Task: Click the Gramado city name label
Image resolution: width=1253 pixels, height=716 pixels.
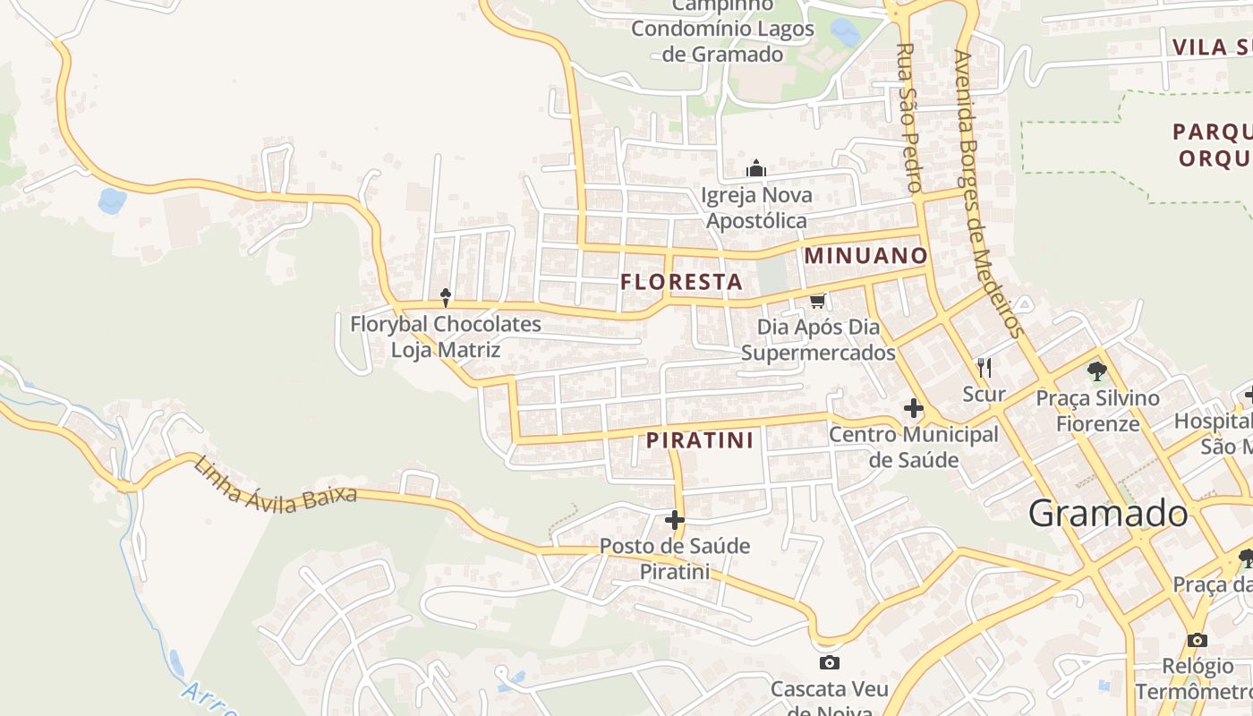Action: point(1108,514)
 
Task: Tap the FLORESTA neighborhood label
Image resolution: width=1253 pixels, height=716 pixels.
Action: point(681,282)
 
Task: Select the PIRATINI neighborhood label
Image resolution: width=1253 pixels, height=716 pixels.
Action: point(699,440)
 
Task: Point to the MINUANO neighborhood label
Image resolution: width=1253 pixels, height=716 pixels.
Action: point(865,256)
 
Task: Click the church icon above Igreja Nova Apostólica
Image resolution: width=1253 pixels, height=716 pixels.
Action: point(756,168)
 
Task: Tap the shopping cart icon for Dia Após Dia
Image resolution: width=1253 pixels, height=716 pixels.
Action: point(817,300)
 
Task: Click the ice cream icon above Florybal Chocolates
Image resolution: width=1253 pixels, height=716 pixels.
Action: point(445,297)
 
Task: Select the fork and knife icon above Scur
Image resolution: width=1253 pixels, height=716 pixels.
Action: point(984,367)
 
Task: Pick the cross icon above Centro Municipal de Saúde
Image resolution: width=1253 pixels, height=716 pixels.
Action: point(913,409)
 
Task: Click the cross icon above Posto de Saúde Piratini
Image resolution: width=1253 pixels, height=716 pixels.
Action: point(675,520)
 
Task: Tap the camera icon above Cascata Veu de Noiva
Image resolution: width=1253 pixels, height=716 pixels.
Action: point(830,663)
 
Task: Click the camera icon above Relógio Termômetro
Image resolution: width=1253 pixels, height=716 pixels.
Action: point(1197,640)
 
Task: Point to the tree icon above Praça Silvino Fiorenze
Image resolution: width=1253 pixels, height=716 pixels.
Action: point(1096,371)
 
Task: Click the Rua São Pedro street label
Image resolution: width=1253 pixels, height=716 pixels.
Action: point(909,117)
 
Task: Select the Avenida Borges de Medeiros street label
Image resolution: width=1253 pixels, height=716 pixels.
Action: point(987,193)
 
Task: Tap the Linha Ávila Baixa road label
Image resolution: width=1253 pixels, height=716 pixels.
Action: point(275,482)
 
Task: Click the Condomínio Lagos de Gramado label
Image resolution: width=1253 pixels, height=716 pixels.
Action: point(723,41)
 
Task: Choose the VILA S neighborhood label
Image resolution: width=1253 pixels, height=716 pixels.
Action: point(1212,47)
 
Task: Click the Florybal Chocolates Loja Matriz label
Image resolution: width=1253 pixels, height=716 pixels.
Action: point(446,337)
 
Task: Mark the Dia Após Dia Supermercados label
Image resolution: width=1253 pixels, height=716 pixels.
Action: point(818,340)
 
